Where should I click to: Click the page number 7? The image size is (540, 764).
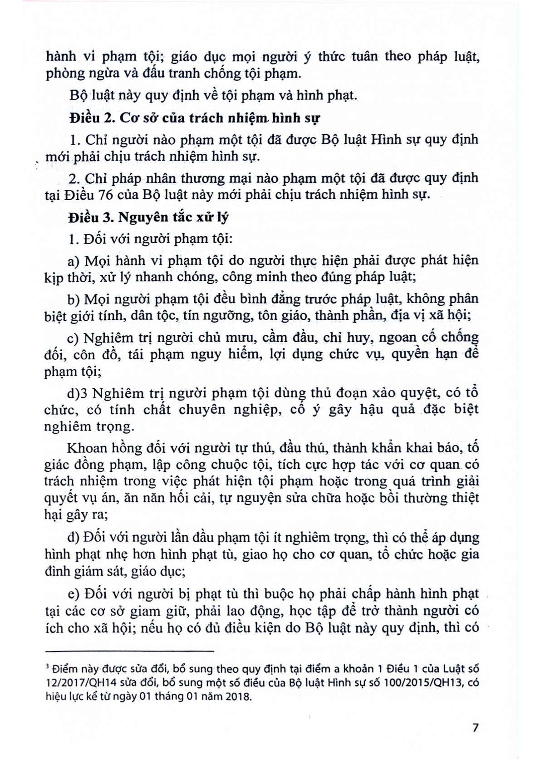click(x=475, y=728)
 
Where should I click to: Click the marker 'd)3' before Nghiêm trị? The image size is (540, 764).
click(x=78, y=393)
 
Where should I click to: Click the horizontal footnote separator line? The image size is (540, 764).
click(x=129, y=651)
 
